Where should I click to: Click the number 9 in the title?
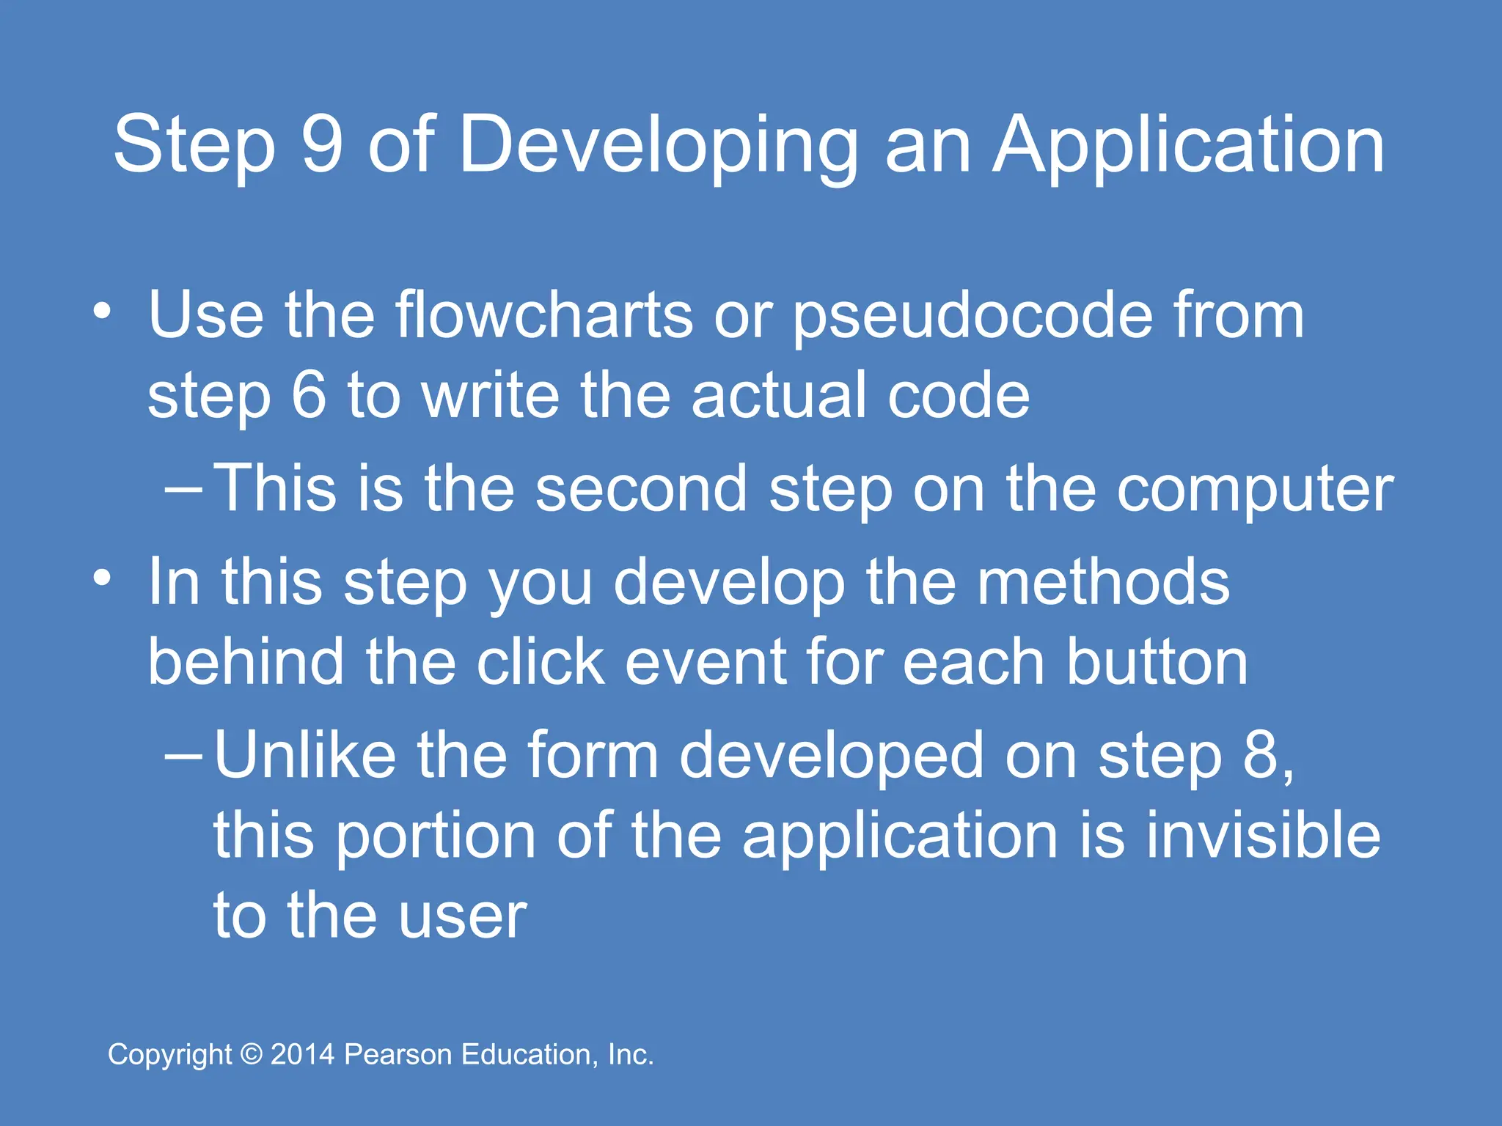322,144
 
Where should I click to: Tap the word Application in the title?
1188,147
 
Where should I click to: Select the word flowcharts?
543,315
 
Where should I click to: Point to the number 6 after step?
308,395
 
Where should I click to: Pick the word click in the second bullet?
541,662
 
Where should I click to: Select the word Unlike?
305,755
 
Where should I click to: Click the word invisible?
1263,836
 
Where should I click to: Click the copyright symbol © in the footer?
252,1054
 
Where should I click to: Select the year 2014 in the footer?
302,1054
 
